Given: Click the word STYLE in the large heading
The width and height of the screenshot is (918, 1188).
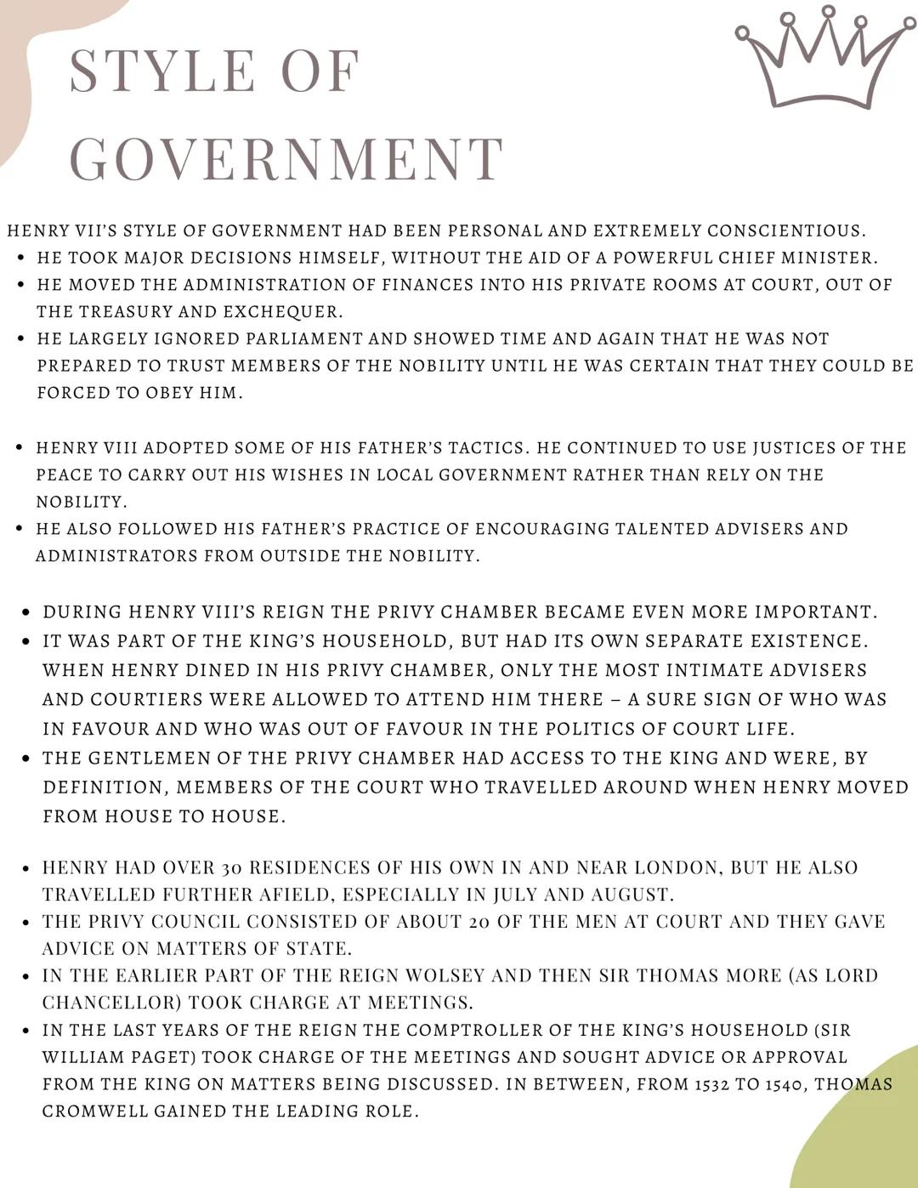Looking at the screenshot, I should (162, 71).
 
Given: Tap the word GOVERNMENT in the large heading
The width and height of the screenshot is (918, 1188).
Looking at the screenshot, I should (287, 159).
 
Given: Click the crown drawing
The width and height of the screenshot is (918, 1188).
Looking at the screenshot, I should (823, 58).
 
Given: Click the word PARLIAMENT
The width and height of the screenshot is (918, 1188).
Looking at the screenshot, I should (303, 338).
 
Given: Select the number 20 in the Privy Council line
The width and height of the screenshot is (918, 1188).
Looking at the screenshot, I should (478, 922).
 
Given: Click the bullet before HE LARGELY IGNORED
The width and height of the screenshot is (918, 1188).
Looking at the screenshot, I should (20, 338).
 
